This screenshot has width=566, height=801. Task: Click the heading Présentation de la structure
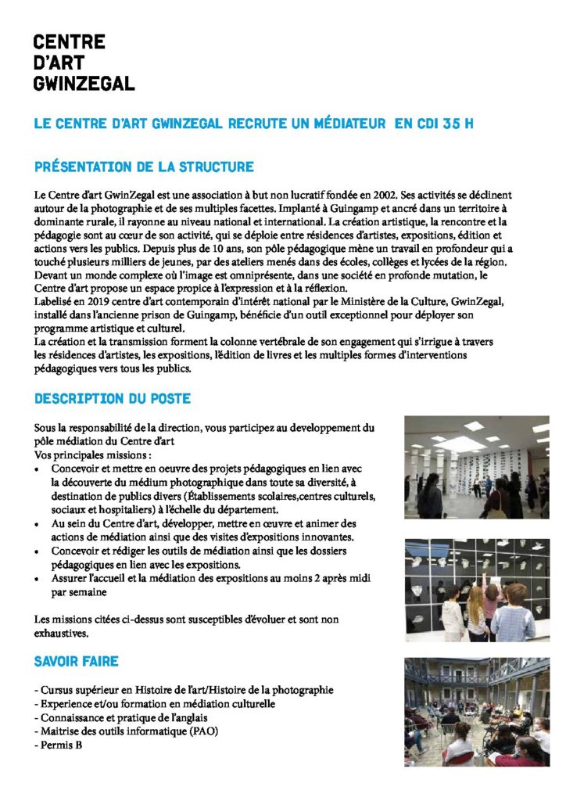pos(144,167)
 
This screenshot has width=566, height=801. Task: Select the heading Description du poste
pos(112,398)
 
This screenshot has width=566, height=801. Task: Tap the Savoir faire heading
pos(76,662)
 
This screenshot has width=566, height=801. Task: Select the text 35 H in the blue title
pos(458,124)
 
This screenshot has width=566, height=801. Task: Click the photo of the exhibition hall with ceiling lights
pos(476,467)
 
